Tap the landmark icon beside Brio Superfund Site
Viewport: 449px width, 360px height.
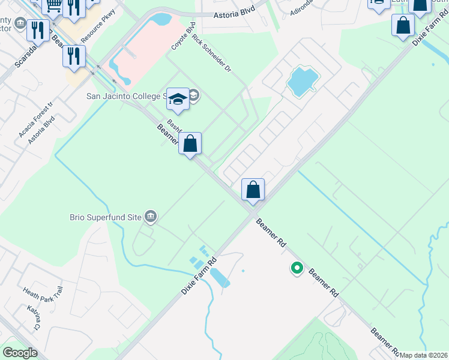click(x=151, y=216)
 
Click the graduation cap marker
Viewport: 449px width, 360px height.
click(x=178, y=98)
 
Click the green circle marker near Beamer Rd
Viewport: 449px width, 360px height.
click(x=297, y=268)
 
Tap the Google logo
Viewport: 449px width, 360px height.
click(x=20, y=353)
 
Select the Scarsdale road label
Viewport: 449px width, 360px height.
click(x=26, y=53)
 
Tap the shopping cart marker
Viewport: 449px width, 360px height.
click(x=53, y=5)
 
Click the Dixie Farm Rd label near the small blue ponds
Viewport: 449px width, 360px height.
click(x=198, y=276)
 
